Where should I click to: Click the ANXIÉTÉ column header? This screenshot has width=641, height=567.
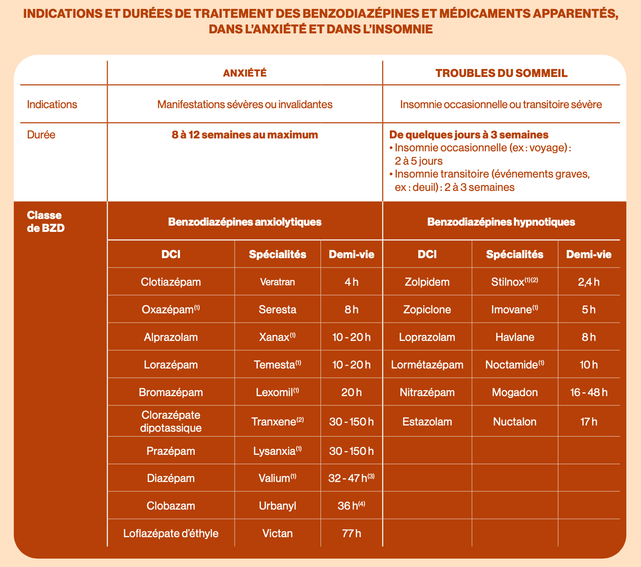click(x=244, y=73)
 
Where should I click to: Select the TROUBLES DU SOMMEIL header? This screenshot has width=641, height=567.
click(x=501, y=73)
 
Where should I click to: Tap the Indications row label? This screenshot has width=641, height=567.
click(x=52, y=105)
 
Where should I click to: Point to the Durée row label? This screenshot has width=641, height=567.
click(x=41, y=134)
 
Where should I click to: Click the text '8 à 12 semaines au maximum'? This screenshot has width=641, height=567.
click(x=244, y=134)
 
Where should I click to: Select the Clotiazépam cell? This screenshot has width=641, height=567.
click(x=171, y=282)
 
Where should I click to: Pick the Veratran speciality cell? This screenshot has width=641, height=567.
click(x=277, y=282)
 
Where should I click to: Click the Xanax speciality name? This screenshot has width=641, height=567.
click(x=274, y=337)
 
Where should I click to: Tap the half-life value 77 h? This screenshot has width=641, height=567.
click(x=351, y=533)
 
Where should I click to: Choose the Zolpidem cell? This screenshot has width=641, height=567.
click(x=427, y=282)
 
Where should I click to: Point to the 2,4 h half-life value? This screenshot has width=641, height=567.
click(x=589, y=282)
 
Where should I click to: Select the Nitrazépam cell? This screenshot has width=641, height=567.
click(x=427, y=392)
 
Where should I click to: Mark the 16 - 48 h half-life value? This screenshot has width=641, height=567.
click(x=589, y=392)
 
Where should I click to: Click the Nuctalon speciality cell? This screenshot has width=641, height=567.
click(x=514, y=421)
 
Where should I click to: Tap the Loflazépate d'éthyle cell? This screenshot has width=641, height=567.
click(x=171, y=533)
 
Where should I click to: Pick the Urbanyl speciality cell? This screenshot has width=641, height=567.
click(x=277, y=506)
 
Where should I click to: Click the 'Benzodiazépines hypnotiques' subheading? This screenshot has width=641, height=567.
click(x=501, y=222)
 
